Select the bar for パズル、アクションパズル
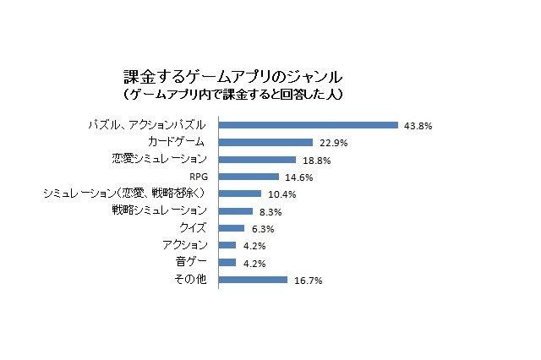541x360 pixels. coord(309,125)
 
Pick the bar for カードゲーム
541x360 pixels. coord(266,142)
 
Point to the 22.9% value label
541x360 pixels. coord(332,143)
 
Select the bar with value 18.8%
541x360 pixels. coord(257,159)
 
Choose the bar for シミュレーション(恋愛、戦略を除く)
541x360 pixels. coord(240,194)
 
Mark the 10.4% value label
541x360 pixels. coord(281,194)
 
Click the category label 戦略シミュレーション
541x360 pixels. coord(160,210)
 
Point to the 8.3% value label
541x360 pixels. coord(270,212)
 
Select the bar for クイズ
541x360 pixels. coord(232,228)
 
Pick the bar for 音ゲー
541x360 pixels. coord(227,262)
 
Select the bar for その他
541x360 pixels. coord(254,279)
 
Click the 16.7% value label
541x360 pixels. coord(307,281)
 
